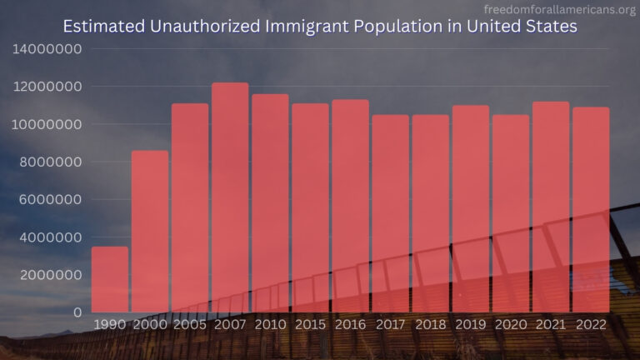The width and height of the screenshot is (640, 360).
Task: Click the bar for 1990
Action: tap(110, 278)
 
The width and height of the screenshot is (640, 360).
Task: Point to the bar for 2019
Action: tap(471, 208)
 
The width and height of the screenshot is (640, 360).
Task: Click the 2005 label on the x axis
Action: tap(190, 324)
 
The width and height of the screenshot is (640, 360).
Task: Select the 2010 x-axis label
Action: tap(270, 324)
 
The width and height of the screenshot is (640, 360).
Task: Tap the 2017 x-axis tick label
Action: tap(391, 324)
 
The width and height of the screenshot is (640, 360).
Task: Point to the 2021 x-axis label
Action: tap(551, 324)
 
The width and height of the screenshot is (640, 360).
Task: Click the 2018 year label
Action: tap(431, 324)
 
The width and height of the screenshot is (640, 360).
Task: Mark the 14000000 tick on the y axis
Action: tap(47, 48)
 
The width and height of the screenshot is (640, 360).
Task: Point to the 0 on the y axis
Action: tap(77, 312)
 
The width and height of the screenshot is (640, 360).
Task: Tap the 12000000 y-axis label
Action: tap(47, 87)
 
